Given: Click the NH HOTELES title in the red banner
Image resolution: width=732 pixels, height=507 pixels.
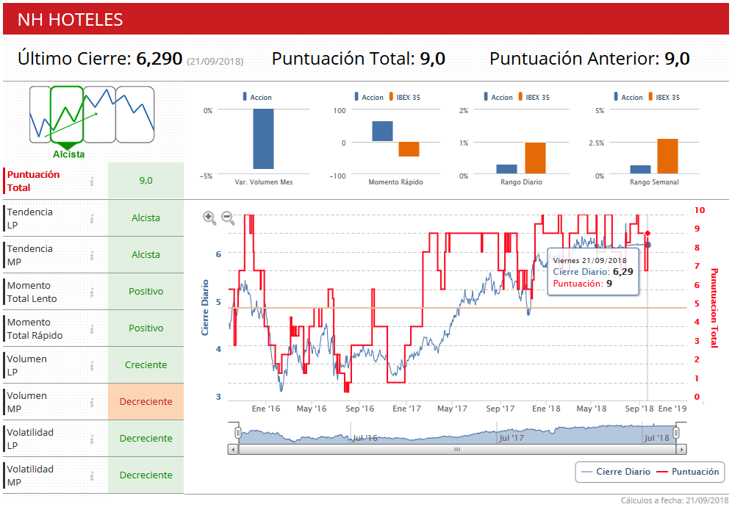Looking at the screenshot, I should pos(71,20).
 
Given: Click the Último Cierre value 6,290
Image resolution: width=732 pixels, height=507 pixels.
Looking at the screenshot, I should pos(159,59).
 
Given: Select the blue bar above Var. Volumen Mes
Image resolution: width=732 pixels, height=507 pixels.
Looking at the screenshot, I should pos(263,139).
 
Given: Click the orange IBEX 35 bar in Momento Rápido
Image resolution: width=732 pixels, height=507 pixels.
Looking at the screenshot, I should pos(409,149).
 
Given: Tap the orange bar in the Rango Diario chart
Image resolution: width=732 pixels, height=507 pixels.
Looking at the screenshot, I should pos(535,158).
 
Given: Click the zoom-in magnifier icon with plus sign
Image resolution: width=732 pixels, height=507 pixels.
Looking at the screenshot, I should pos(209,217).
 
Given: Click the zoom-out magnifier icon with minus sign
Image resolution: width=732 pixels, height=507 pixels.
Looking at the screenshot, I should pos(228,217).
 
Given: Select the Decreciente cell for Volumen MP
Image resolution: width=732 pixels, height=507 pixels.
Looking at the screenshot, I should pos(146,402).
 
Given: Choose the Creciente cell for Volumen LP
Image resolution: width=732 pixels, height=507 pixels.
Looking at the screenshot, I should pos(146,365).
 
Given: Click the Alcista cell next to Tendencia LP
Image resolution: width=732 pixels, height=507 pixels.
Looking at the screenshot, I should pos(146,218).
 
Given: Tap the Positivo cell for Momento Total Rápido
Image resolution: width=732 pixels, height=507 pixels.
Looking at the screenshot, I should pos(146,328).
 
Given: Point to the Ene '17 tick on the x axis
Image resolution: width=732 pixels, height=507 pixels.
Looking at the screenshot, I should pos(406,409).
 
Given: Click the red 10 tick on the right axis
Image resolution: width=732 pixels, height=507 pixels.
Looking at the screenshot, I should pos(700,210).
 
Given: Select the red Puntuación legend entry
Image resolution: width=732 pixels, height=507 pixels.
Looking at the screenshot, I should pos(695,472).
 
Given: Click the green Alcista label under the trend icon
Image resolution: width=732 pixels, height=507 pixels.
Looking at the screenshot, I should pos(68,154).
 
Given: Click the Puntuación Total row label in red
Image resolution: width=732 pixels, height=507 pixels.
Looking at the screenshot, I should pos(34,181).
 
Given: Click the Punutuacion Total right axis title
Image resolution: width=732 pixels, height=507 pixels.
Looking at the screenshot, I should pos(714,307).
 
